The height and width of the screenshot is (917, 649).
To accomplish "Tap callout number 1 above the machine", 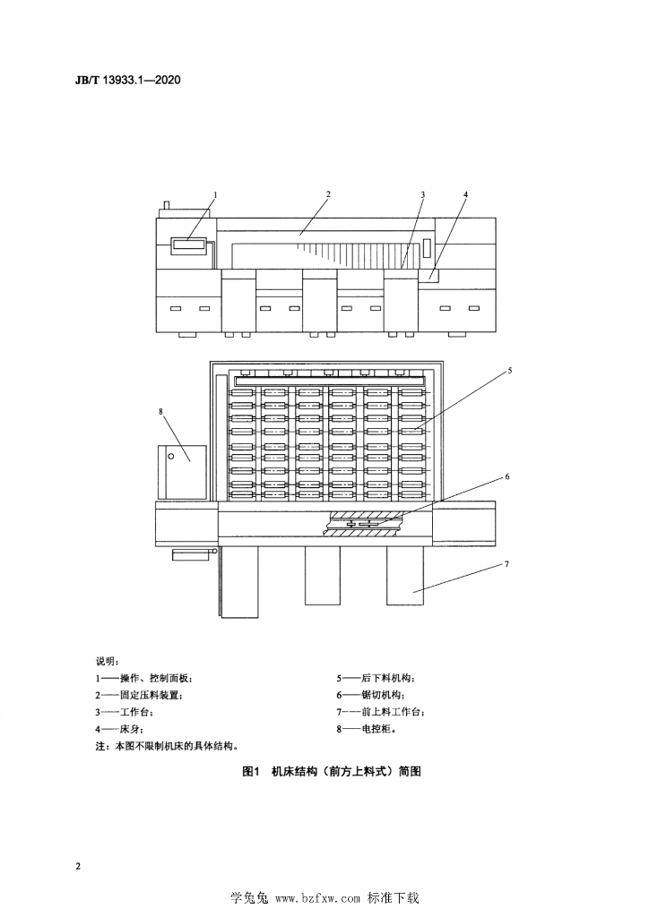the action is [x=215, y=193].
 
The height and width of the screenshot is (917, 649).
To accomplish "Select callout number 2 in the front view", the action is [x=328, y=193].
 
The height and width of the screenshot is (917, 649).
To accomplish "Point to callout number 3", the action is [x=422, y=194].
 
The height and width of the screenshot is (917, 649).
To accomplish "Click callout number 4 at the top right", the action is [x=466, y=193].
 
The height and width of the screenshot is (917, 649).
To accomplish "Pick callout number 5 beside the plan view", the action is [x=510, y=370].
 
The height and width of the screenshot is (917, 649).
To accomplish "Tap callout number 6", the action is [x=507, y=476].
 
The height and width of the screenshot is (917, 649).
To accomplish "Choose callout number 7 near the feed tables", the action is [x=506, y=564].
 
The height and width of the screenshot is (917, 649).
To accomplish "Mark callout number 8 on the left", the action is [x=161, y=411].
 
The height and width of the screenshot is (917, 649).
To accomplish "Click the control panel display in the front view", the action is [x=188, y=245].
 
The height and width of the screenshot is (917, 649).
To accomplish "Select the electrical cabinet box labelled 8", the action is [x=182, y=472].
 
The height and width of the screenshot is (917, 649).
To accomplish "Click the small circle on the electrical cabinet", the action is [x=171, y=456].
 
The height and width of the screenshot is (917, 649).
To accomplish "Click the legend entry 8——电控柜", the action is [x=367, y=729].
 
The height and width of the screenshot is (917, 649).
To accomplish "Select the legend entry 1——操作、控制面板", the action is [x=144, y=679].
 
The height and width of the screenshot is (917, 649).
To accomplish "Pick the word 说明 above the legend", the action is [x=107, y=662].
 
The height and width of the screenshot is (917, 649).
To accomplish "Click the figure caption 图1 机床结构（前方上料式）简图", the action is [x=332, y=771].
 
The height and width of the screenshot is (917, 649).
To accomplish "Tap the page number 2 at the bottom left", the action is [x=78, y=866].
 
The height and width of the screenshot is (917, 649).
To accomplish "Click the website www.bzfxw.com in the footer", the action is [x=317, y=898].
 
